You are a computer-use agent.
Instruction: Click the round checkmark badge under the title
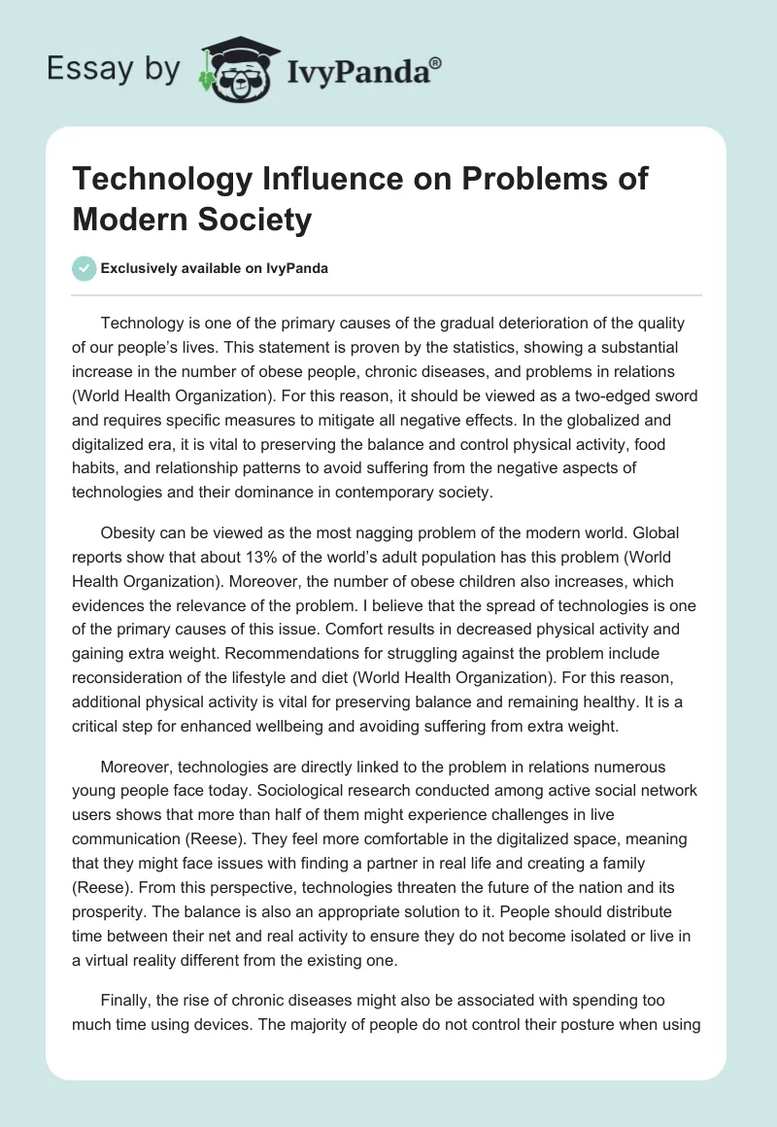84,269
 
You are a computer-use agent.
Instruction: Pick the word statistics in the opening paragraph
441,346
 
